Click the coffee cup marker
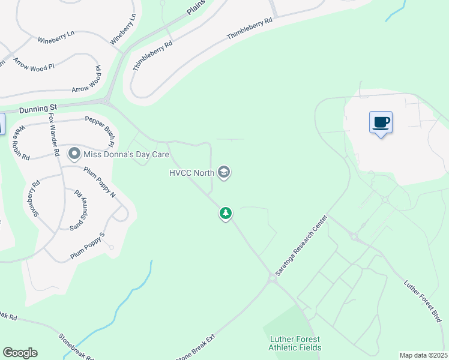(381, 123)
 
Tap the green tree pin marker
(226, 213)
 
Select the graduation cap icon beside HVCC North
(224, 173)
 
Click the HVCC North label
(191, 173)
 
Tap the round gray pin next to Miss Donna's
(74, 155)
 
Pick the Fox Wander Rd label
(55, 135)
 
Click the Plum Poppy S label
(88, 246)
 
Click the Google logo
(20, 353)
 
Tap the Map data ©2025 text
(423, 355)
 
